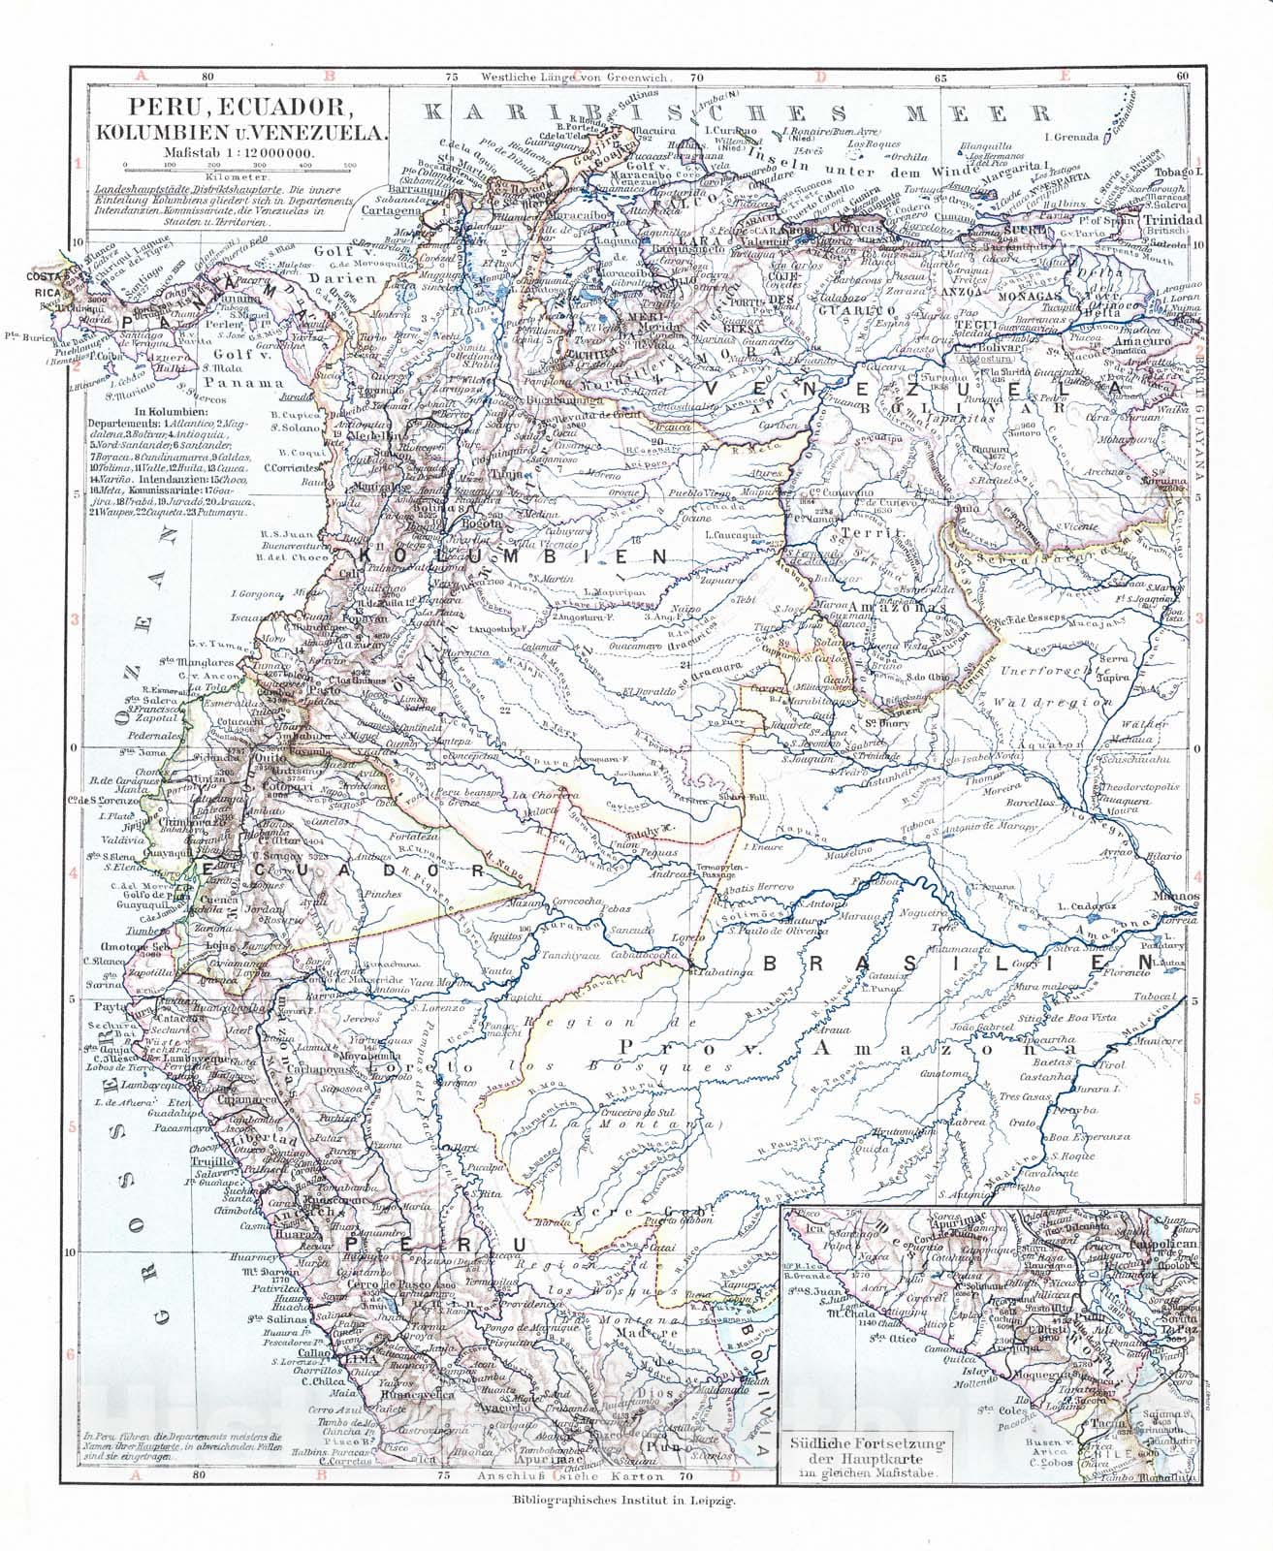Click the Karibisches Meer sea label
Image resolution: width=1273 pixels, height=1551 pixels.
738,111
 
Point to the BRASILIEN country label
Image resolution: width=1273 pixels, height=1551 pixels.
959,961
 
